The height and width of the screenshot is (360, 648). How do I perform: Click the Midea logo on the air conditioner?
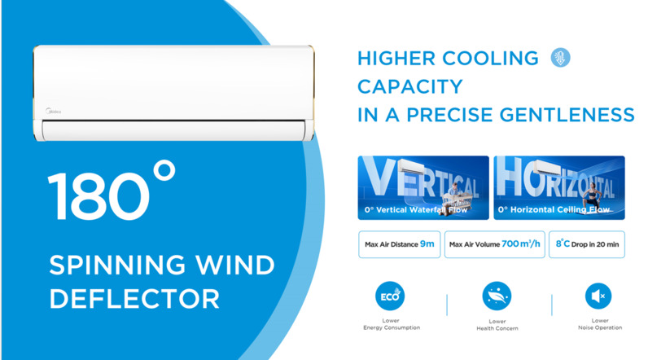pyautogui.click(x=53, y=112)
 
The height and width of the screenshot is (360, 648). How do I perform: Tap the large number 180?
pyautogui.click(x=99, y=197)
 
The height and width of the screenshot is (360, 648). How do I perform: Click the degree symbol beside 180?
pyautogui.click(x=164, y=170)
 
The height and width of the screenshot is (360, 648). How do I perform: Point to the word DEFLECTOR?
pyautogui.click(x=134, y=299)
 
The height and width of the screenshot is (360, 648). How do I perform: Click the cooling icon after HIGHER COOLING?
pyautogui.click(x=560, y=58)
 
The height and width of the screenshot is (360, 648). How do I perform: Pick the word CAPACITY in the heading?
pyautogui.click(x=410, y=87)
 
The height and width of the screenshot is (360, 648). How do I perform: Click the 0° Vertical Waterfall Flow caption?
pyautogui.click(x=416, y=210)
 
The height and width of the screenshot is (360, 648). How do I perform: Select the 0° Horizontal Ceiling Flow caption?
pyautogui.click(x=554, y=210)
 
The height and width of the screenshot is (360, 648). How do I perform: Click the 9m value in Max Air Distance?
pyautogui.click(x=427, y=244)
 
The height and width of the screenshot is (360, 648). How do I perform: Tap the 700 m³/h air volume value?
pyautogui.click(x=521, y=244)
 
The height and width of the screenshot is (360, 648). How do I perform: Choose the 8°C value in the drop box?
pyautogui.click(x=563, y=244)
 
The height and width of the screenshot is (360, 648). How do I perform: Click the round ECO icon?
pyautogui.click(x=390, y=296)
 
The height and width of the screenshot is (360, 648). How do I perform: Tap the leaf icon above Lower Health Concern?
pyautogui.click(x=497, y=296)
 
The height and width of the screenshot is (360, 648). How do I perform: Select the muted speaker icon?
pyautogui.click(x=598, y=296)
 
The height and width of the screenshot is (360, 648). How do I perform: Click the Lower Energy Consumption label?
pyautogui.click(x=392, y=324)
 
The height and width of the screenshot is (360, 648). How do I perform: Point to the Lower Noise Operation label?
pyautogui.click(x=600, y=324)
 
